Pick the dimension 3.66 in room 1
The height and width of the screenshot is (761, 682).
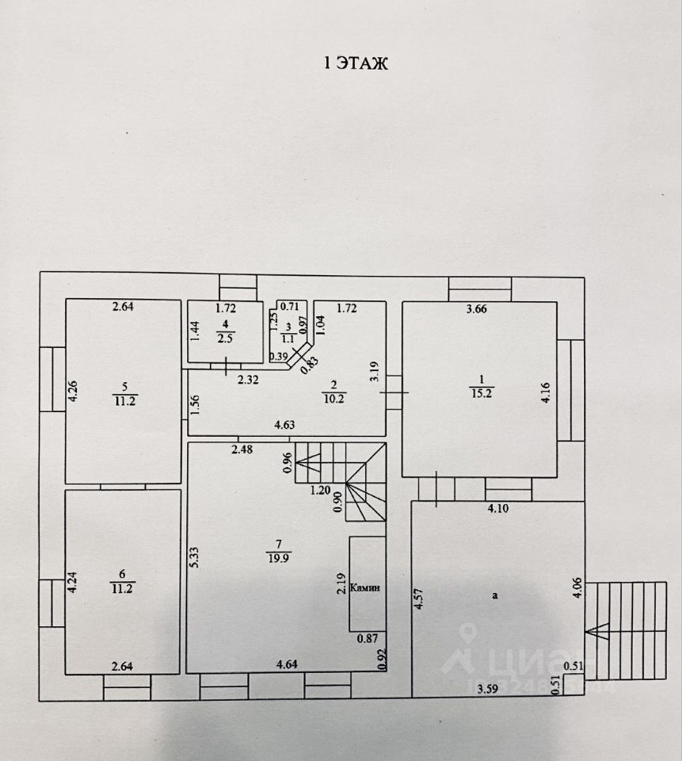(476, 309)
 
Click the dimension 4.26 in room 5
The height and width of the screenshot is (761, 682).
(73, 391)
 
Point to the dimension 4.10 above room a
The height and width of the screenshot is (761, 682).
(497, 509)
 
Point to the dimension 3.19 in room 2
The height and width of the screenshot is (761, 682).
(376, 373)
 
